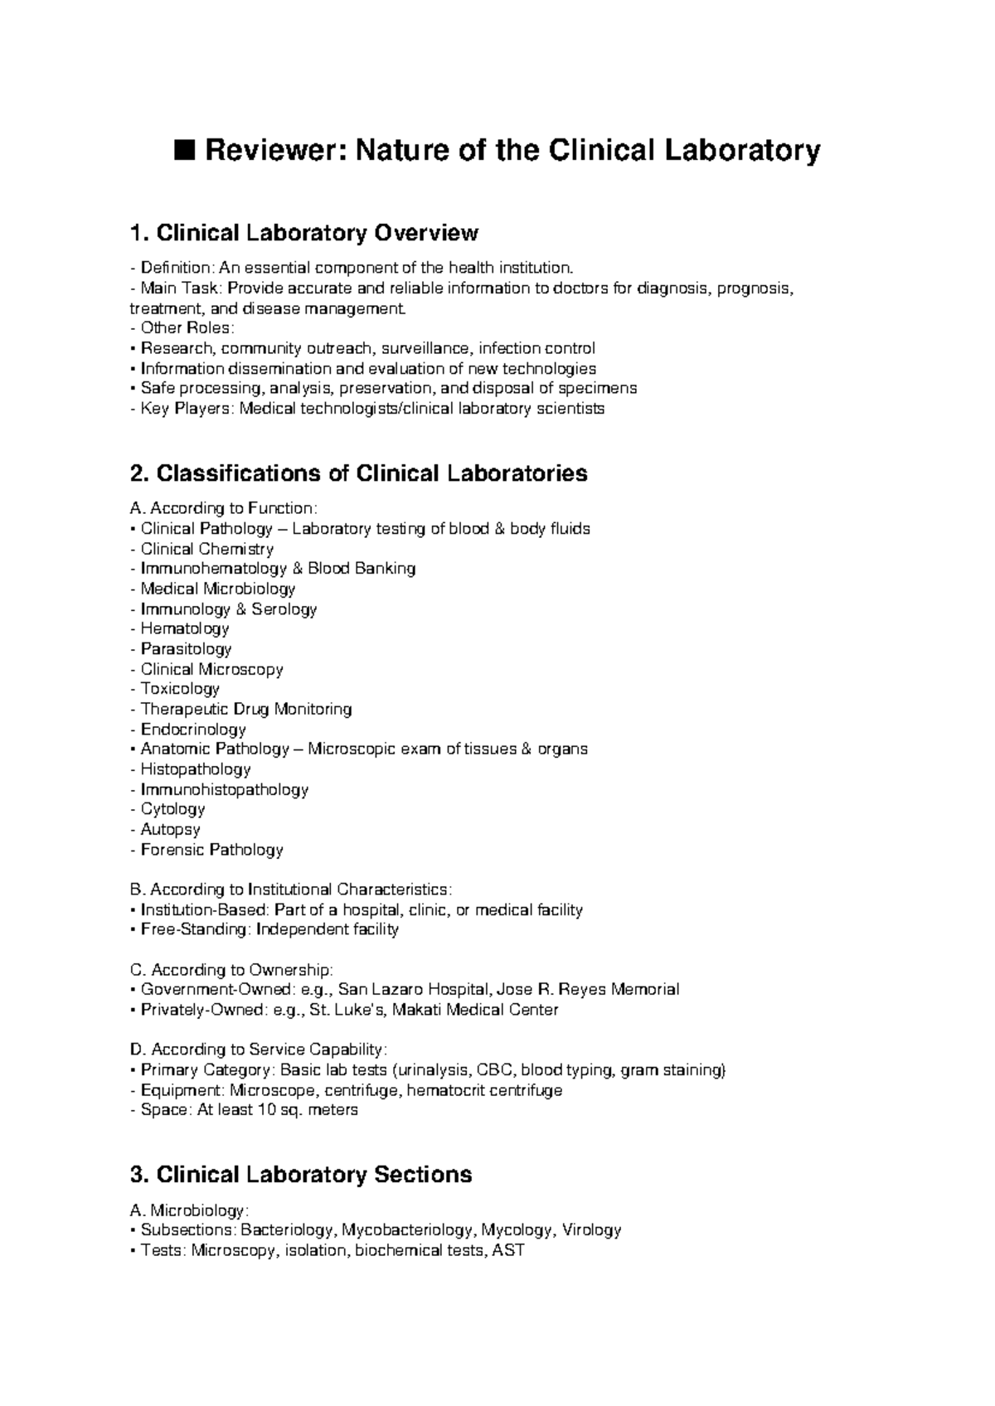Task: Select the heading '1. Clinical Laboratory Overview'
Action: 304,233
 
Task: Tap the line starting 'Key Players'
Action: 367,409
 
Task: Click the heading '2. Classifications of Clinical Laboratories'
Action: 359,473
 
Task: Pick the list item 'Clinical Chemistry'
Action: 206,549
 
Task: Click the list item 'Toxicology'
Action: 179,689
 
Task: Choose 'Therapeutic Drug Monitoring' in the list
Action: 245,710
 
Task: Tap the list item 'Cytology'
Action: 172,809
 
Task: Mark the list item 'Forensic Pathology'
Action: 211,850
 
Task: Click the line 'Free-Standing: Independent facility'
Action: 265,929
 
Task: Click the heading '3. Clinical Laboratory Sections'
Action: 302,1175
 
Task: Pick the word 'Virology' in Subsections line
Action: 591,1230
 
